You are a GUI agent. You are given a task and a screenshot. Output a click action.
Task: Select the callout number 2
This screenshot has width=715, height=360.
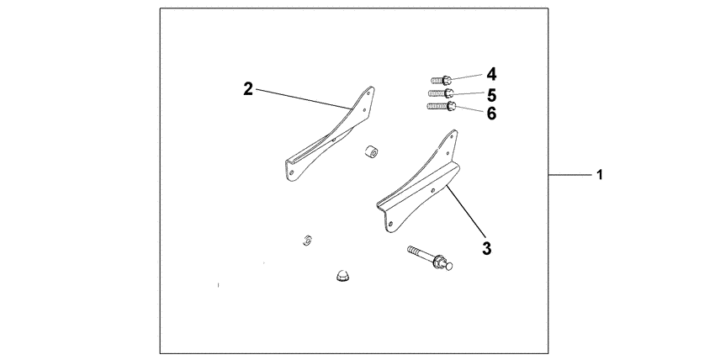248,89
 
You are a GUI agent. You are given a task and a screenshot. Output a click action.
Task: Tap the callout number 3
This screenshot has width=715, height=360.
487,248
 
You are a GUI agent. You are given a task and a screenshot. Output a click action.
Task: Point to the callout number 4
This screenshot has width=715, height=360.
490,74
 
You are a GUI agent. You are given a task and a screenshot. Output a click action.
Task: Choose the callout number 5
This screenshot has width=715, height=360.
490,93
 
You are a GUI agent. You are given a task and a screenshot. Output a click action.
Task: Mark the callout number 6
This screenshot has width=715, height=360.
491,113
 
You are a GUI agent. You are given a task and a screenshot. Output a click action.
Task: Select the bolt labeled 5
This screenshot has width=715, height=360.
442,93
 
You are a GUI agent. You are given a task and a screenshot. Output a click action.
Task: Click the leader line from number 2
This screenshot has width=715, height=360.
303,98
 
